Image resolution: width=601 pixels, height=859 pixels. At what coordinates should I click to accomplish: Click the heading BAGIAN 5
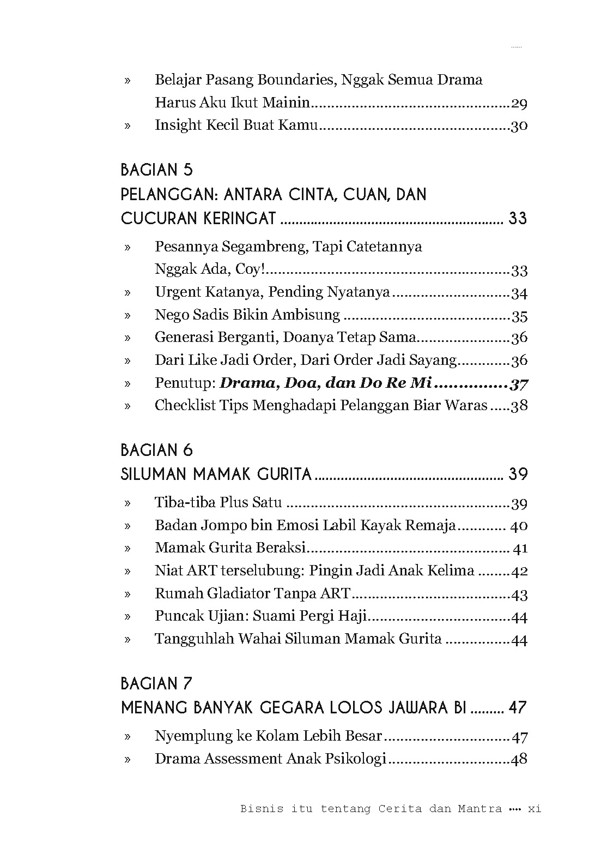tap(157, 170)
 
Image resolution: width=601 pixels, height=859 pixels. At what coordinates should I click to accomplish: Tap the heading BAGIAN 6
tap(157, 450)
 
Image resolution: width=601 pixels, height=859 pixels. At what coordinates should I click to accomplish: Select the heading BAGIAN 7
tap(157, 683)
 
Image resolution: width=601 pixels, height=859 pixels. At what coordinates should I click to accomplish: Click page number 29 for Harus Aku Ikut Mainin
tap(519, 103)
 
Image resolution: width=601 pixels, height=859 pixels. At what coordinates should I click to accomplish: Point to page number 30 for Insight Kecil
tap(519, 126)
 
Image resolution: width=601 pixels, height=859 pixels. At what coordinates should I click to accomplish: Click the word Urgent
tap(177, 292)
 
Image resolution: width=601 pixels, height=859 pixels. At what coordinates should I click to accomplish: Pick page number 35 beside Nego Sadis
tap(519, 316)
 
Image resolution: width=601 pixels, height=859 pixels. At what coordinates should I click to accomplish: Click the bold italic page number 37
tap(519, 384)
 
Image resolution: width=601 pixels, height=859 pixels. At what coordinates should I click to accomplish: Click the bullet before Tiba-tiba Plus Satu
tap(128, 503)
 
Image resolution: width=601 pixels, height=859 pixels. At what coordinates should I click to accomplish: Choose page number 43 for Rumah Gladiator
tap(519, 594)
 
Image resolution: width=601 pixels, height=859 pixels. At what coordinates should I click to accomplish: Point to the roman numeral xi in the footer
tap(535, 809)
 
